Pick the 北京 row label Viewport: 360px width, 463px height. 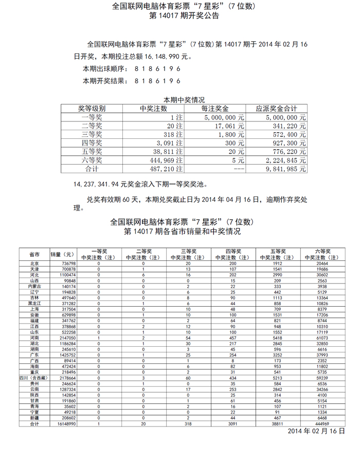pos(34,263)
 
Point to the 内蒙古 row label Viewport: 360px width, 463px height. pos(34,286)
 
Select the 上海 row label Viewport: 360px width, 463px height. pos(34,309)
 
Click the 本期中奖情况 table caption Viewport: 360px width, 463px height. pos(184,99)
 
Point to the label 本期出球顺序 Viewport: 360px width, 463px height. pos(104,68)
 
